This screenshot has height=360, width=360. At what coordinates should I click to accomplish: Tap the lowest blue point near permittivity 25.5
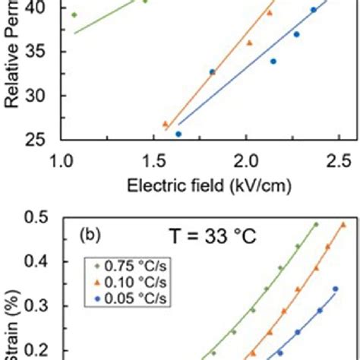178,134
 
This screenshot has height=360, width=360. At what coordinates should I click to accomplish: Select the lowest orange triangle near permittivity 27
165,124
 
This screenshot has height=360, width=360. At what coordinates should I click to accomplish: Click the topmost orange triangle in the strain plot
343,225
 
